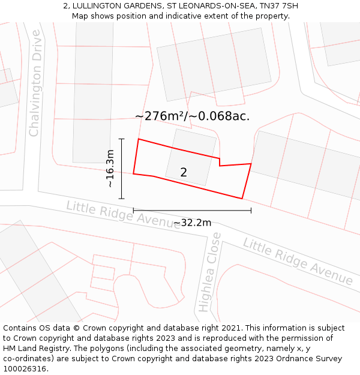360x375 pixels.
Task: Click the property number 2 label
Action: point(184,172)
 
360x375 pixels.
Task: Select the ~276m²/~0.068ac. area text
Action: point(192,116)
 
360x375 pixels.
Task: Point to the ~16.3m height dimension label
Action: point(110,169)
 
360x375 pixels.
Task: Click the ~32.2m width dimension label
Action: point(192,223)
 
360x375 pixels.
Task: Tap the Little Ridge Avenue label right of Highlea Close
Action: point(298,261)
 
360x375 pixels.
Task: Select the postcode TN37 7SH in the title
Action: point(278,6)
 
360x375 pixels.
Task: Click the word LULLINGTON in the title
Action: point(98,6)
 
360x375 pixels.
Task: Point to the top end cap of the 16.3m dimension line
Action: point(122,139)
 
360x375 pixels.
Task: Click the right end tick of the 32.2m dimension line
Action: point(251,211)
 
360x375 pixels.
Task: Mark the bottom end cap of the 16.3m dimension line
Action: point(122,199)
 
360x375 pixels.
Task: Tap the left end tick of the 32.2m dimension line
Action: point(133,211)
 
